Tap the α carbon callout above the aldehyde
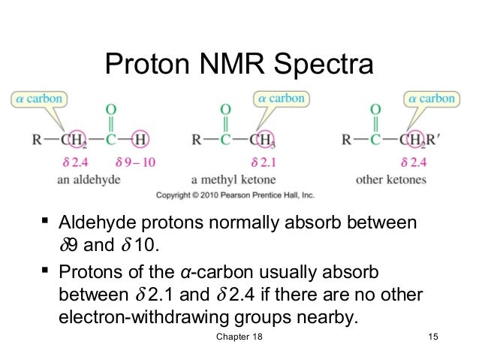[x=36, y=98]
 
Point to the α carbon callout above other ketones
[x=431, y=98]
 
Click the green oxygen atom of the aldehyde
[x=110, y=110]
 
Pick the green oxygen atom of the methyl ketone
[x=224, y=110]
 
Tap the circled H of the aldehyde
[x=140, y=139]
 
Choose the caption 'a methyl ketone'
[x=233, y=180]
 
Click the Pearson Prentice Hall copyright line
[x=235, y=195]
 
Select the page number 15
[x=430, y=343]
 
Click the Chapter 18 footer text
[x=239, y=343]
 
